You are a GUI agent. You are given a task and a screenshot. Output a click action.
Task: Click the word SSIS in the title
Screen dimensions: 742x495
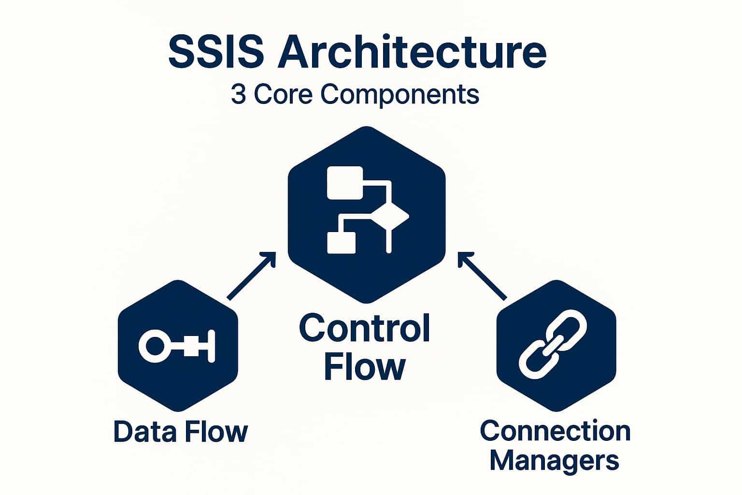[216, 52]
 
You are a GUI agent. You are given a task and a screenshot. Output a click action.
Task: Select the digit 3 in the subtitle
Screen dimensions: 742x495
[238, 95]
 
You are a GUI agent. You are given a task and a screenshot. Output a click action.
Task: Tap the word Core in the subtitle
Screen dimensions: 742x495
[284, 95]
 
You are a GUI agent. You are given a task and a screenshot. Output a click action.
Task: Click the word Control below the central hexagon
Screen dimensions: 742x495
[364, 328]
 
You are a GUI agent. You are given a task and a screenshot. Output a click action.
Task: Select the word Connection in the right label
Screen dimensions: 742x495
[555, 431]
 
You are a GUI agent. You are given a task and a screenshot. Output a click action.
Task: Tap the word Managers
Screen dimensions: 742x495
[554, 461]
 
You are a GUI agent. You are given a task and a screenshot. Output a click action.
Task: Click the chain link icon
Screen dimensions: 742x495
[553, 344]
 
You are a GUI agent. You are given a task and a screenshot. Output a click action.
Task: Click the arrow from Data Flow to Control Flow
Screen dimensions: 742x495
[251, 276]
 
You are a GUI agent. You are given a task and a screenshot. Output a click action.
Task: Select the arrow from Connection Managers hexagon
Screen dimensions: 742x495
[482, 276]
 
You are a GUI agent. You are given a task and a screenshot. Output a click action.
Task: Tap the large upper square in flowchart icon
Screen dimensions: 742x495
[345, 183]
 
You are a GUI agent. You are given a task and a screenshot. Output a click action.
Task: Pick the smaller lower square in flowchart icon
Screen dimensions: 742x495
[342, 243]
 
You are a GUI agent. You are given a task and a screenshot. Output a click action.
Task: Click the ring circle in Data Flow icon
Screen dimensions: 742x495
[151, 346]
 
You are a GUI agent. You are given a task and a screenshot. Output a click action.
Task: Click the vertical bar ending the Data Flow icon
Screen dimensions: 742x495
[211, 346]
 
